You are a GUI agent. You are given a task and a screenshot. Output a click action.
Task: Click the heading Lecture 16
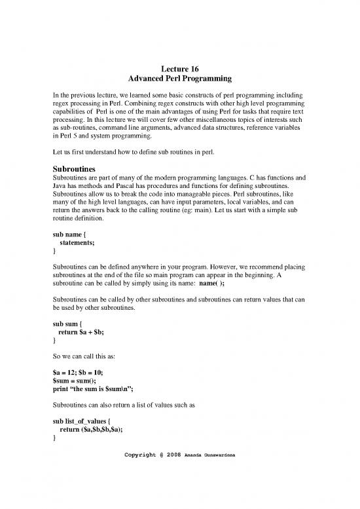179,67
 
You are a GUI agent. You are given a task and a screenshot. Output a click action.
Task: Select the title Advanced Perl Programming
179,79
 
